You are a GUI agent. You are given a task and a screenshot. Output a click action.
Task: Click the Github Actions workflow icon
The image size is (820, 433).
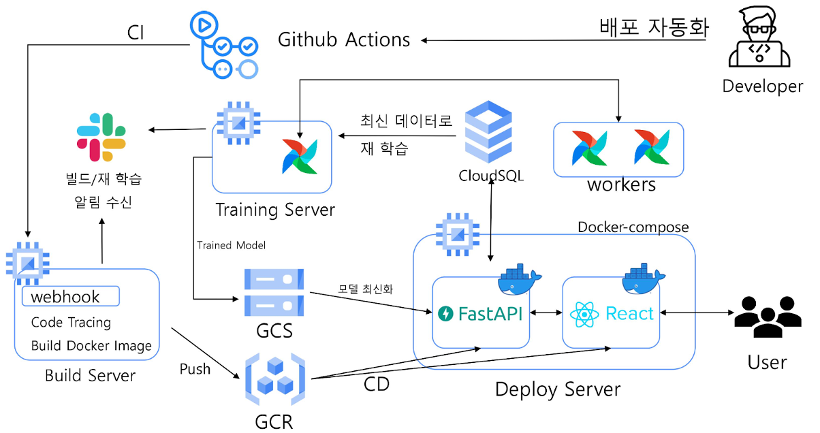click(225, 46)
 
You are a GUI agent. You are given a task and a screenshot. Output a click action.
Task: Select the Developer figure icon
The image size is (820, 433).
click(762, 41)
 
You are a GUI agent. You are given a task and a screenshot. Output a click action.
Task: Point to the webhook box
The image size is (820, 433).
click(71, 297)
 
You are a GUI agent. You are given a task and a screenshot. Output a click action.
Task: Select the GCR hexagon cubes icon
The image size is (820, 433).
click(274, 381)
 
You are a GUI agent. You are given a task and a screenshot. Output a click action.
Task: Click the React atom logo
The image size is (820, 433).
click(585, 314)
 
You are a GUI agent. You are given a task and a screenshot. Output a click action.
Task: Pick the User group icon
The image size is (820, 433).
click(767, 317)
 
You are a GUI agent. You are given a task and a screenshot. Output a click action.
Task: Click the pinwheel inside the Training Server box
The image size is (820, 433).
click(300, 157)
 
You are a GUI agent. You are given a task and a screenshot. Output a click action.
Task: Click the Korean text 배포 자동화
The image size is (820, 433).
click(655, 27)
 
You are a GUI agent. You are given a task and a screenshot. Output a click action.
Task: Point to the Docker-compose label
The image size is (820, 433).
click(633, 227)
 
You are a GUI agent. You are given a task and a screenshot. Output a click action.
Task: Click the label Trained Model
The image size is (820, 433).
click(232, 244)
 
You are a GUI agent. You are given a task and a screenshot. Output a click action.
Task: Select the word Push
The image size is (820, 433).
click(195, 369)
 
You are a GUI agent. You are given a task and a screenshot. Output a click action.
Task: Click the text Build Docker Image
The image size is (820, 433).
click(91, 346)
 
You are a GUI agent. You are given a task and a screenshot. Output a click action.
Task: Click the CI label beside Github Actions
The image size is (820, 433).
click(136, 33)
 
